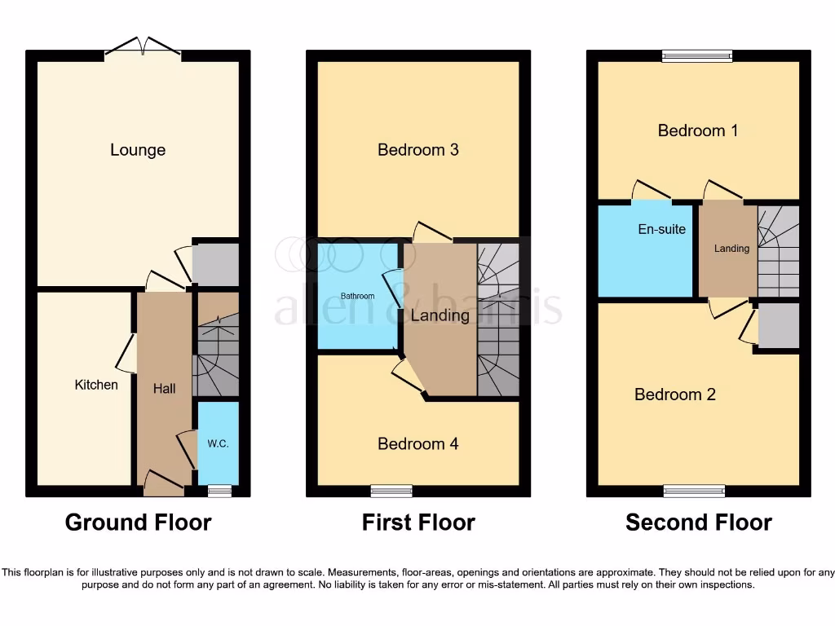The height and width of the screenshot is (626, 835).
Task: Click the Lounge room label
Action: tap(138, 150)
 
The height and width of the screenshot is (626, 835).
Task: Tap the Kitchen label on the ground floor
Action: tap(96, 385)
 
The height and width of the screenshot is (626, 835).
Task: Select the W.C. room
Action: tap(218, 443)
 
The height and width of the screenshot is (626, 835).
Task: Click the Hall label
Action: tap(165, 389)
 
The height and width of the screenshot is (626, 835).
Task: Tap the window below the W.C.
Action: tap(219, 491)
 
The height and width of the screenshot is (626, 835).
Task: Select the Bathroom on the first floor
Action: tap(358, 296)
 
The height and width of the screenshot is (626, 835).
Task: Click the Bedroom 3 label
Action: tap(418, 150)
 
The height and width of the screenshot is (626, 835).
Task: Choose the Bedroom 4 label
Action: tap(418, 443)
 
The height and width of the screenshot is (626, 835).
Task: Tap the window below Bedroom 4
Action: tap(391, 491)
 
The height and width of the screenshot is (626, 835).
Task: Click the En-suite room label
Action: tap(661, 230)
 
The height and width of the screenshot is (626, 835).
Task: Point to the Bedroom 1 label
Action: tap(698, 130)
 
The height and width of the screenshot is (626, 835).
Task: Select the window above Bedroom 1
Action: tap(697, 56)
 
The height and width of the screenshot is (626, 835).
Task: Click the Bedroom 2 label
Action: tap(675, 395)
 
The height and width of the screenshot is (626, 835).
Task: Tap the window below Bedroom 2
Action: tap(694, 491)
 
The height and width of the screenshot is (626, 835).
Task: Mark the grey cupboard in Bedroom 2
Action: tap(778, 328)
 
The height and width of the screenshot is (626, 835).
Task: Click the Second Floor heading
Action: tap(699, 522)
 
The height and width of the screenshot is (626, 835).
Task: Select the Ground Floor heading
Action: tap(138, 522)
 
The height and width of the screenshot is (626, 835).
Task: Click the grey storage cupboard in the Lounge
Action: tap(215, 264)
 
